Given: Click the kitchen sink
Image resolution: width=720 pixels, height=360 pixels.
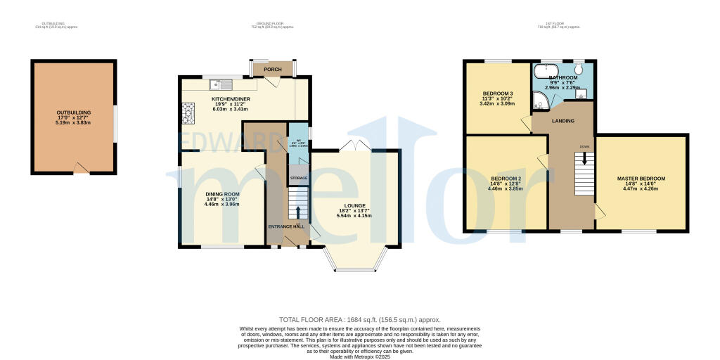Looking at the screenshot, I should (216, 85).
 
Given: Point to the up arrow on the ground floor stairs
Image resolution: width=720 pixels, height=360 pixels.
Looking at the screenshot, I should (299, 211).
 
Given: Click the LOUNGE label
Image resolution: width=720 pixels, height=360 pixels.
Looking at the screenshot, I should (355, 205).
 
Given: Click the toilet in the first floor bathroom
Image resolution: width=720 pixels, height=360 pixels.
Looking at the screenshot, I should (579, 69).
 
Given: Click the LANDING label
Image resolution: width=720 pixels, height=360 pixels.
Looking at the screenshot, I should (563, 121).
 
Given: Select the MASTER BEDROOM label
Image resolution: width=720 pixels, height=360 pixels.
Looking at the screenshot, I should (641, 179).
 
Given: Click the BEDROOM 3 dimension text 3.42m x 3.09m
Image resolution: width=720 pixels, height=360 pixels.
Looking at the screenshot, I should (498, 103).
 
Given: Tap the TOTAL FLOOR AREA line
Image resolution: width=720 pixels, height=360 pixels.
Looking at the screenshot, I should (359, 320).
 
